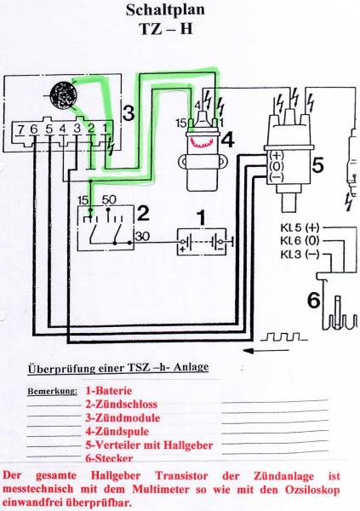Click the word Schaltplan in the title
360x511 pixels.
(165, 9)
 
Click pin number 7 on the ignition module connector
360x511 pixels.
(20, 129)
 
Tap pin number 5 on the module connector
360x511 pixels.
(49, 129)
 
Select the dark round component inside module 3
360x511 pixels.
(64, 95)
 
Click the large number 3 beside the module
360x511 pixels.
(129, 113)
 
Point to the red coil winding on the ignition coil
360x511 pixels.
(202, 141)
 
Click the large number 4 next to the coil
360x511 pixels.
(228, 141)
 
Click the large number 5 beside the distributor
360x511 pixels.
(317, 165)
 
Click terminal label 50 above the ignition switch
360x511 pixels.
(109, 200)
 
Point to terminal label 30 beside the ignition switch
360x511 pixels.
(142, 236)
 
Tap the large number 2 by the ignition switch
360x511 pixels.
(143, 214)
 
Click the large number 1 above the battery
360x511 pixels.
(202, 218)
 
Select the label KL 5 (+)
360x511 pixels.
(300, 227)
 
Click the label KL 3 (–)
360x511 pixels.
(300, 254)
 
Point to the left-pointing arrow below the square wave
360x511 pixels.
(266, 351)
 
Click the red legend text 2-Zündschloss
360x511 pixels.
(121, 405)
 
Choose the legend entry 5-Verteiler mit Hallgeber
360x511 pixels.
(149, 445)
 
